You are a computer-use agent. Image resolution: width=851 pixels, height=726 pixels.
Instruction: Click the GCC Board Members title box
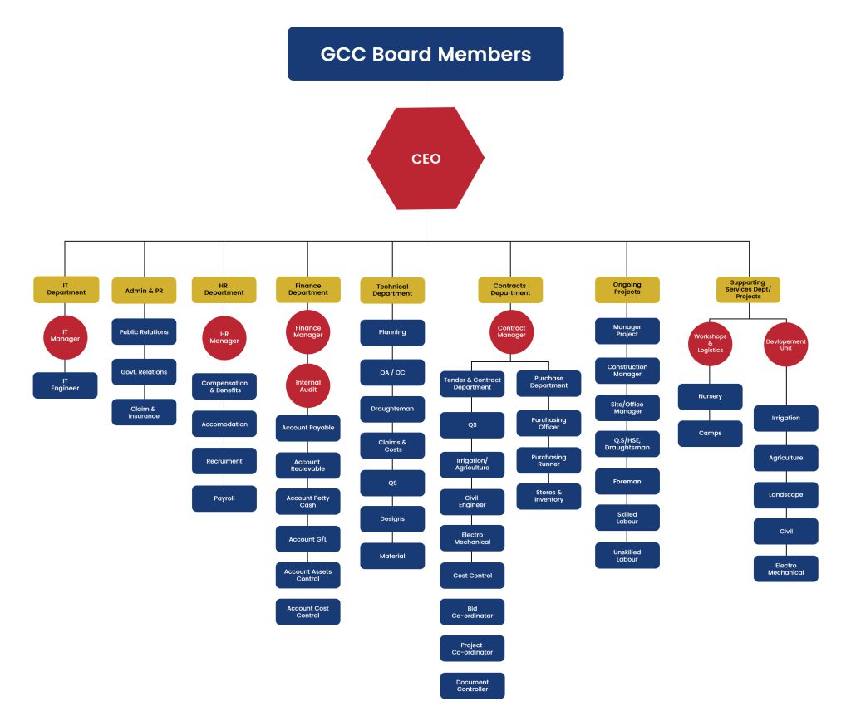click(x=425, y=54)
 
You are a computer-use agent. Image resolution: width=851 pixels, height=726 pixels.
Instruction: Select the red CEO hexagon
click(x=425, y=159)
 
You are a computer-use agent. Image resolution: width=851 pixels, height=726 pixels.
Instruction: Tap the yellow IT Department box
click(x=66, y=289)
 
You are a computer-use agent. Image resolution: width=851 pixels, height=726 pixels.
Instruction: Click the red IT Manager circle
click(x=65, y=336)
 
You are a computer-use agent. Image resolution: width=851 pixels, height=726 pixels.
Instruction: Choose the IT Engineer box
click(x=65, y=385)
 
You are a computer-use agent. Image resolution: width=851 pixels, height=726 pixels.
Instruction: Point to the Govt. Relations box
click(x=144, y=372)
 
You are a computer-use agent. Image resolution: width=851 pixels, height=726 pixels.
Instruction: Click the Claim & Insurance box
click(x=144, y=412)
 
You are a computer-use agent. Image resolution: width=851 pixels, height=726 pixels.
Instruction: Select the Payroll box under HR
click(x=224, y=498)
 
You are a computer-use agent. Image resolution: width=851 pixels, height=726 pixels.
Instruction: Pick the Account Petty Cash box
click(x=307, y=502)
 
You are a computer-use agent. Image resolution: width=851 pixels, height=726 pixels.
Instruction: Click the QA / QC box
click(x=392, y=372)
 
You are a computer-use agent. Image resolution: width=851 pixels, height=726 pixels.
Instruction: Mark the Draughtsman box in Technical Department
click(x=392, y=409)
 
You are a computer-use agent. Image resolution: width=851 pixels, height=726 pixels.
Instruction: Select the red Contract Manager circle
click(x=511, y=332)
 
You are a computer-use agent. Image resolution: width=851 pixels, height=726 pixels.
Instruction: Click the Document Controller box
click(x=472, y=685)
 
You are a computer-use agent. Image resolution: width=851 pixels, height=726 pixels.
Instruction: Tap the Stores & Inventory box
click(x=548, y=496)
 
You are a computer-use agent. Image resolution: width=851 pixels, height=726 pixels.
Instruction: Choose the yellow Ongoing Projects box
click(x=627, y=289)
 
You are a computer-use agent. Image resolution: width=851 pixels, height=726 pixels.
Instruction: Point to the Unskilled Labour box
click(x=627, y=556)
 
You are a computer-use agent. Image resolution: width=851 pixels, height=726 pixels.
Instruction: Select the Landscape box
click(x=785, y=495)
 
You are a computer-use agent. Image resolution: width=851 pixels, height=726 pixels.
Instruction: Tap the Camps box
click(x=710, y=434)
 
